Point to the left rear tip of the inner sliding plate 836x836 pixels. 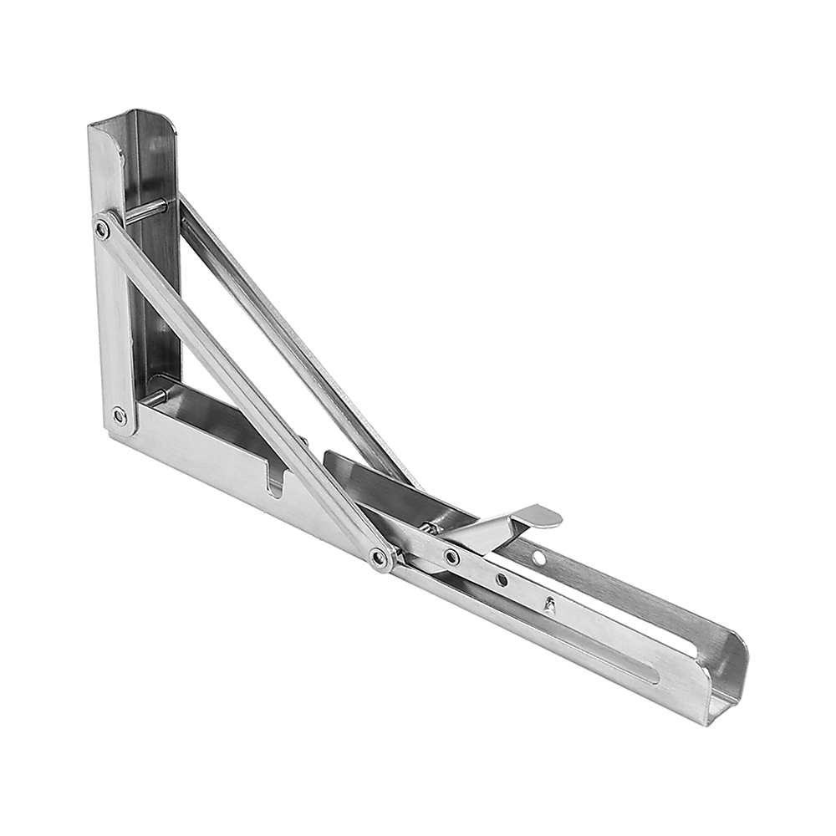pyautogui.click(x=328, y=456)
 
